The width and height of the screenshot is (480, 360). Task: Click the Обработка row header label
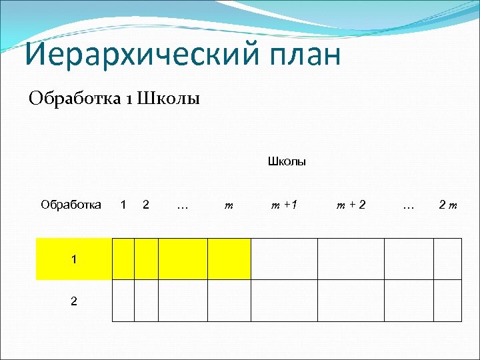tap(71, 205)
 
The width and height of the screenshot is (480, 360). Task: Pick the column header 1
tap(123, 205)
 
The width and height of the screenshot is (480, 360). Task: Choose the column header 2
tap(146, 205)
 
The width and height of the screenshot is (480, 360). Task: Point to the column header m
tap(229, 205)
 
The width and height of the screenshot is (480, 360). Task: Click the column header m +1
tap(283, 205)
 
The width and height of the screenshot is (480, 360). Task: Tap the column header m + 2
tap(351, 205)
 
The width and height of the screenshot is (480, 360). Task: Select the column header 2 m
tap(447, 205)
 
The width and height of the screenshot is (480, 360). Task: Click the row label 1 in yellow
tap(73, 259)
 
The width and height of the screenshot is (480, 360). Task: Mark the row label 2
tap(73, 301)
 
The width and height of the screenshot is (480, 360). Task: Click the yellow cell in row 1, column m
tap(229, 259)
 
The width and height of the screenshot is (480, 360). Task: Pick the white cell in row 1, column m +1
tap(283, 259)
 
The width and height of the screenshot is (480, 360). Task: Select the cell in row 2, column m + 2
tap(351, 301)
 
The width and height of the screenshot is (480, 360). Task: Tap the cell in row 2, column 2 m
tap(447, 301)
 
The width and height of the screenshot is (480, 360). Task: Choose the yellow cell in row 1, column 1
tap(123, 259)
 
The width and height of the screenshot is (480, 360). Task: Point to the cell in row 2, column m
tap(229, 301)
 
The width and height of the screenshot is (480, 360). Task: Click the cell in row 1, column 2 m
tap(447, 259)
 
